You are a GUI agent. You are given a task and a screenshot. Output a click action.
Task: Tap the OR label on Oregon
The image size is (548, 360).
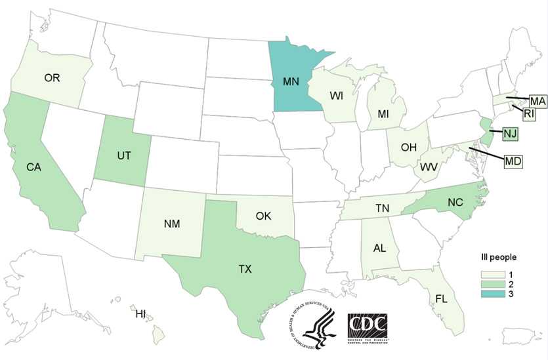coord(53,78)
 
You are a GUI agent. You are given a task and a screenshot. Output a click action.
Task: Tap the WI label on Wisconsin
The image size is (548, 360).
coord(337,96)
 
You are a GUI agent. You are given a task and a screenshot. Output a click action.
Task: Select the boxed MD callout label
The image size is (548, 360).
coord(513,160)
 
